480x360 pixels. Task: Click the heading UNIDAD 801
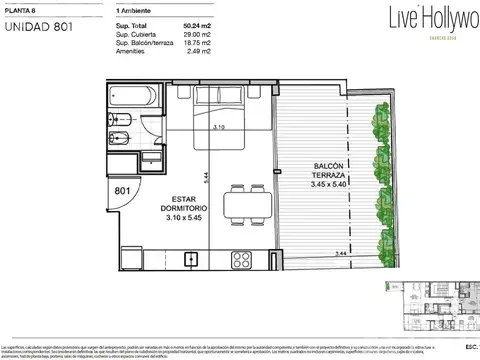point(40,26)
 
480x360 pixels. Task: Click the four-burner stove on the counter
point(242,259)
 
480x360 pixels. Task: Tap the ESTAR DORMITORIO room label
point(157,206)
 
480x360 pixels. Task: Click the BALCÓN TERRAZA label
point(308,175)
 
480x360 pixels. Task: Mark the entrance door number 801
point(122,189)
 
